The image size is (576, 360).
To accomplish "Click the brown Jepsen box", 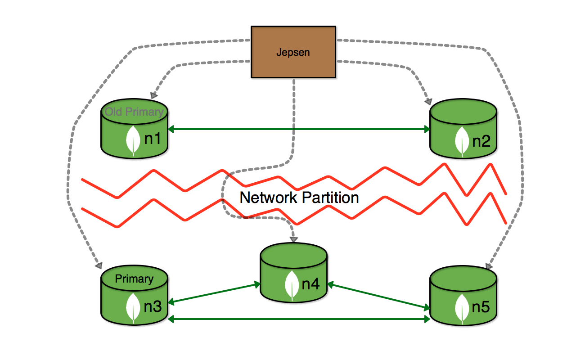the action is [293, 52].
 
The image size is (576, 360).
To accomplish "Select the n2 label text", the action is [481, 141].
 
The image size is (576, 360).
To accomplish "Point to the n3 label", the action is [153, 306].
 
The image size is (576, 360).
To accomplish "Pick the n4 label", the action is [310, 284].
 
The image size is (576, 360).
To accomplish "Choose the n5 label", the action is [481, 307].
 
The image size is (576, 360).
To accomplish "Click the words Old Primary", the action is [134, 112].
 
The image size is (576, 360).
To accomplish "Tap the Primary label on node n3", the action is [134, 279].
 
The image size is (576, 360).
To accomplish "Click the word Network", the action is [269, 198].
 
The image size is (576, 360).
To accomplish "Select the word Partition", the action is [330, 198].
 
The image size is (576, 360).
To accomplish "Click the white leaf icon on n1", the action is [133, 140].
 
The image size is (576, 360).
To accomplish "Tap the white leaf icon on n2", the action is [462, 142].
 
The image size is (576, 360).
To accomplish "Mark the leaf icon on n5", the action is [462, 309].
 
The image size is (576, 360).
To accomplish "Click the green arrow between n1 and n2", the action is [299, 129].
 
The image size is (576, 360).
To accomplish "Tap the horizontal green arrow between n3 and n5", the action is [299, 319].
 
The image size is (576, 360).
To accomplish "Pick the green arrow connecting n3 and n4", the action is [214, 293].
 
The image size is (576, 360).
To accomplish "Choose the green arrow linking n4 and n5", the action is [378, 296].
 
